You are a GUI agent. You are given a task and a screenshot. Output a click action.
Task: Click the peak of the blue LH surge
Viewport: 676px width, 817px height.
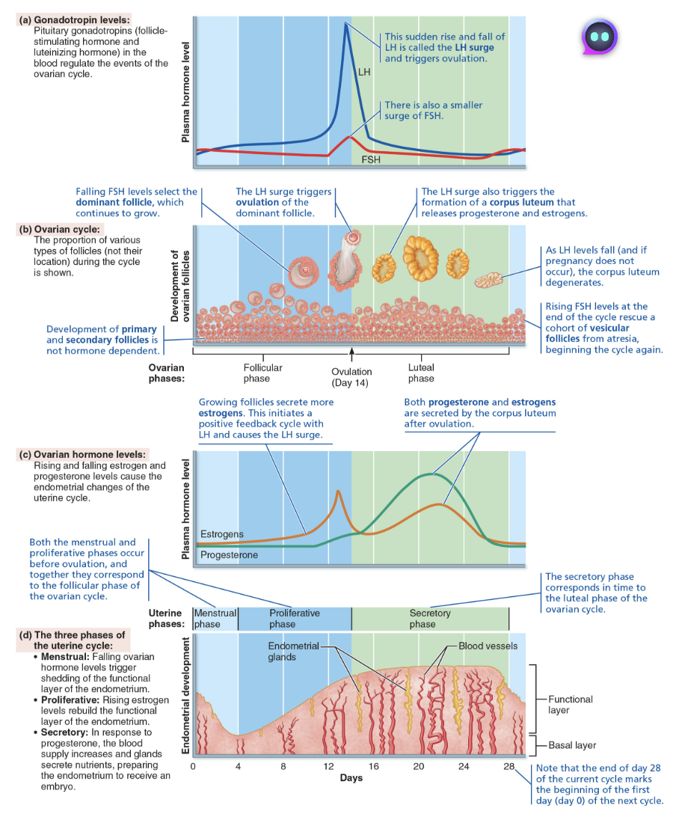pyautogui.click(x=345, y=25)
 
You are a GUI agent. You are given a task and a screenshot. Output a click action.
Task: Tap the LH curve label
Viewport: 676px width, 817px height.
pyautogui.click(x=364, y=73)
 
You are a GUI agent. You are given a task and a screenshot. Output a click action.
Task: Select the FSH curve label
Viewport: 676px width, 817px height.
pyautogui.click(x=370, y=159)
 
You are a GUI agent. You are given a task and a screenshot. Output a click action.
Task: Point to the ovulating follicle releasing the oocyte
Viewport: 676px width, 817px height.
pyautogui.click(x=348, y=262)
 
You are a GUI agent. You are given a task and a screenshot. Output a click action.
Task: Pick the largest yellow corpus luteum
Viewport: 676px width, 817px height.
pyautogui.click(x=421, y=258)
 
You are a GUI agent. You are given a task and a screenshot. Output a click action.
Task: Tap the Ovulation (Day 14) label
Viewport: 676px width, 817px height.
pyautogui.click(x=351, y=377)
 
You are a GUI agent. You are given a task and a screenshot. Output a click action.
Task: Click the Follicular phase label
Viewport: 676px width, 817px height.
pyautogui.click(x=262, y=373)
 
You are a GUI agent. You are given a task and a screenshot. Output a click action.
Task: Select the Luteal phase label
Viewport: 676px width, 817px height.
pyautogui.click(x=421, y=373)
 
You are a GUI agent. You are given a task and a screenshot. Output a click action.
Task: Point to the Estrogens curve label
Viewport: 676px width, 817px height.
pyautogui.click(x=222, y=534)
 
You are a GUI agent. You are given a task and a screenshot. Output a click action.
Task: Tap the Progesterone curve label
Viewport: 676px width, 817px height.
pyautogui.click(x=229, y=555)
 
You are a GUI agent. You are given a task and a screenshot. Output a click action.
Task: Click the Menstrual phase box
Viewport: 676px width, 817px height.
pyautogui.click(x=215, y=618)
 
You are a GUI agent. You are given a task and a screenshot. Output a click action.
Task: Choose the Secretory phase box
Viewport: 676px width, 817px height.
pyautogui.click(x=430, y=618)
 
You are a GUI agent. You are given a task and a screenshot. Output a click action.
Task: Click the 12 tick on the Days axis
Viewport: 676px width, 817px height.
pyautogui.click(x=328, y=766)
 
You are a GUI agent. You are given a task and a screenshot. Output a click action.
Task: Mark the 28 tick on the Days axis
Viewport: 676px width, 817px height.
pyautogui.click(x=508, y=766)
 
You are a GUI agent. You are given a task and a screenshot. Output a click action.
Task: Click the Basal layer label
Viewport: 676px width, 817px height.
pyautogui.click(x=572, y=745)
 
